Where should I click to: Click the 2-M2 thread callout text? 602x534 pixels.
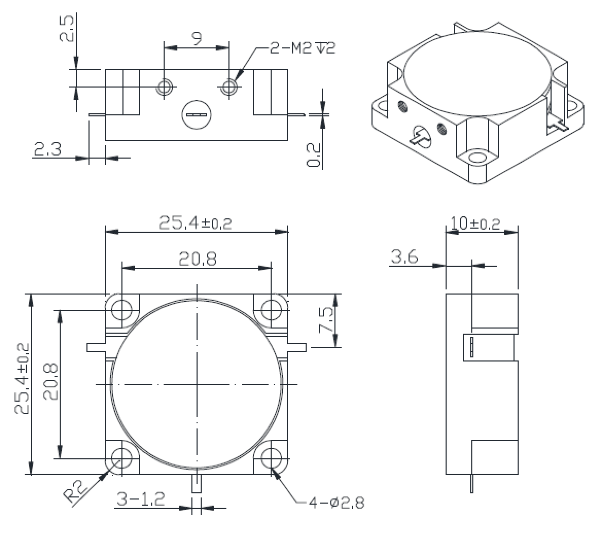pyautogui.click(x=302, y=48)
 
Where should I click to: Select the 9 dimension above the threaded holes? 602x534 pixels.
pyautogui.click(x=197, y=39)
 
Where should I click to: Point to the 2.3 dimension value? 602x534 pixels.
pyautogui.click(x=48, y=149)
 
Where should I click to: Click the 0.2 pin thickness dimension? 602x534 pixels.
pyautogui.click(x=313, y=155)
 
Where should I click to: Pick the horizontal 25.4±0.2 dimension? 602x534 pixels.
pyautogui.click(x=196, y=223)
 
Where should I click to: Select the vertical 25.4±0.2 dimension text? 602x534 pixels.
pyautogui.click(x=22, y=378)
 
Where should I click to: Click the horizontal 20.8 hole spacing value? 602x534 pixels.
pyautogui.click(x=198, y=259)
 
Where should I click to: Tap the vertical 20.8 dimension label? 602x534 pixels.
pyautogui.click(x=50, y=382)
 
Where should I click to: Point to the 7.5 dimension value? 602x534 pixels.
pyautogui.click(x=326, y=320)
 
